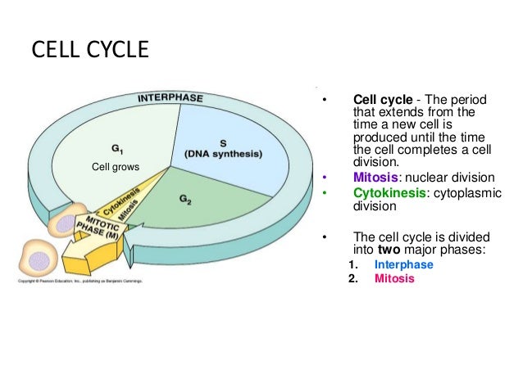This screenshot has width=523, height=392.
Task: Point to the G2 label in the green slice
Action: (x=185, y=200)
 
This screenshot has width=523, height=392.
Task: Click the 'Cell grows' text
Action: (x=115, y=168)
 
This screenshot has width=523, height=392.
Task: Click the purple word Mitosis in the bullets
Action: (x=375, y=177)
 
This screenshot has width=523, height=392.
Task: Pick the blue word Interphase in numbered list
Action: (x=403, y=265)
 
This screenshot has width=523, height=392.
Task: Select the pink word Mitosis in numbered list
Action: (x=394, y=278)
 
